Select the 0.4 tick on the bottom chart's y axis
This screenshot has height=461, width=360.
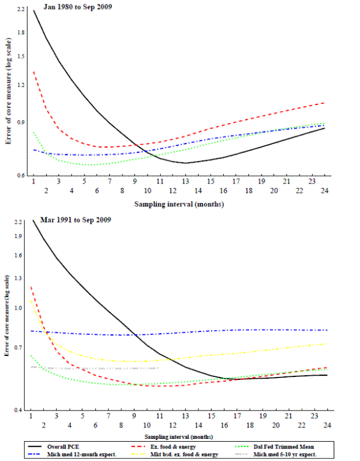(x=21, y=410)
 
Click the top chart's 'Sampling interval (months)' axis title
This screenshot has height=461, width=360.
(x=179, y=203)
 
